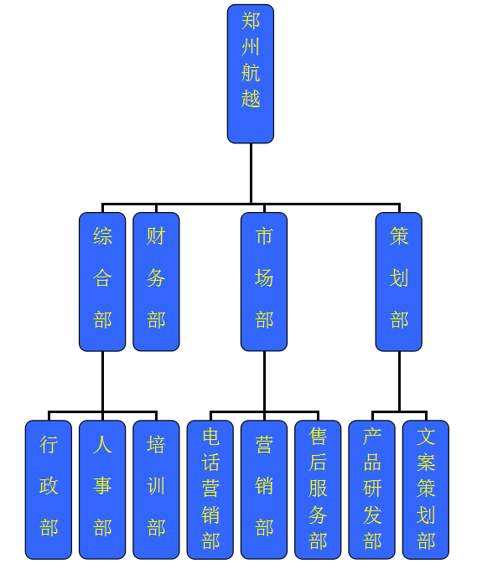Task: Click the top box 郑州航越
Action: [251, 74]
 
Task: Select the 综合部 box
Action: [102, 282]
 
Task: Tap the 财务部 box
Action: [156, 282]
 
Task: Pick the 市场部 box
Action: [264, 282]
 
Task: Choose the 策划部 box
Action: [399, 282]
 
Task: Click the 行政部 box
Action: [49, 489]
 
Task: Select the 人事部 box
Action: [102, 489]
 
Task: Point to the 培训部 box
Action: [156, 489]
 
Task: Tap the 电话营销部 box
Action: [210, 489]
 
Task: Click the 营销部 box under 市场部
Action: [264, 489]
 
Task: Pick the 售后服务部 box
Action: [318, 489]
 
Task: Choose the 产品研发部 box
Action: [371, 489]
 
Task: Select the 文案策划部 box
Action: [426, 489]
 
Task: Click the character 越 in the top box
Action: [251, 98]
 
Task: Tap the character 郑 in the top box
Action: [251, 21]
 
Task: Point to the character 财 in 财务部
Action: [156, 235]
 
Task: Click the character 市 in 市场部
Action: [264, 235]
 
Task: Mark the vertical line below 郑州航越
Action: [251, 173]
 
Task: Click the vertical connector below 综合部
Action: [102, 381]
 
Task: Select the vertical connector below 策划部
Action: [399, 381]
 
